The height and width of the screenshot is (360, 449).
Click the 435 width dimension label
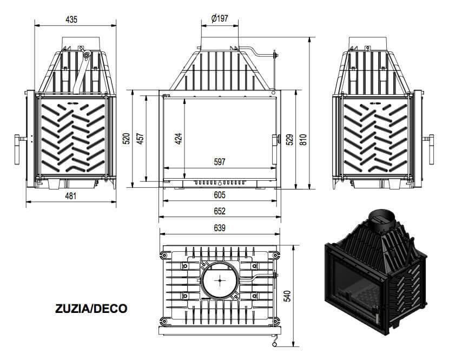point(71,19)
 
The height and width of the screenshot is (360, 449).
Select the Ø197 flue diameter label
point(220,18)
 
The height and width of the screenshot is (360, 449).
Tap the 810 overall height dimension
point(303,140)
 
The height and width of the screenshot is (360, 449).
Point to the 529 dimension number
point(290,140)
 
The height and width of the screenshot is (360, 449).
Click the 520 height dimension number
point(126,139)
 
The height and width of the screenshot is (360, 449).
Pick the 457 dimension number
point(140,139)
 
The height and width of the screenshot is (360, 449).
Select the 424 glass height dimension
point(179,139)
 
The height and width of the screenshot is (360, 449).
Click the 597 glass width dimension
point(220,162)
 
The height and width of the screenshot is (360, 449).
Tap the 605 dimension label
point(220,195)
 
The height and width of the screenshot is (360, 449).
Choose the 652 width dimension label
point(220,211)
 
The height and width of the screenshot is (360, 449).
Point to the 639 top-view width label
point(220,228)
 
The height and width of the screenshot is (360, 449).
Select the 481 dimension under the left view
point(71,196)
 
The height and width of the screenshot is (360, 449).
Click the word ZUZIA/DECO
point(91,309)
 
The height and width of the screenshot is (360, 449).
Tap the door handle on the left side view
point(17,149)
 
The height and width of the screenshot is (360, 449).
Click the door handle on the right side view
point(431,149)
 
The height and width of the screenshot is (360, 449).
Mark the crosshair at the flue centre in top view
point(220,280)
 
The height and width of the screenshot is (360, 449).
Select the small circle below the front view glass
point(220,183)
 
